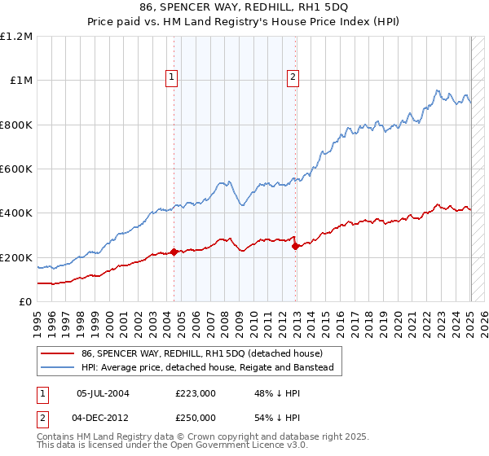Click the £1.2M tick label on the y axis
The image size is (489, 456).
tap(16, 37)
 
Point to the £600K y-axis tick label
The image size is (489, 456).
tap(16, 169)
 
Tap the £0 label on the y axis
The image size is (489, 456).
tap(26, 302)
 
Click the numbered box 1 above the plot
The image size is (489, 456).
tap(173, 78)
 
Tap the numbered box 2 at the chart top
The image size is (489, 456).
tap(293, 78)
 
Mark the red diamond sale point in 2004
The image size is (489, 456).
tap(174, 252)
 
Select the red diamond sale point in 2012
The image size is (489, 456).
tap(296, 246)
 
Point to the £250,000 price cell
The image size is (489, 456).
tap(196, 417)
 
